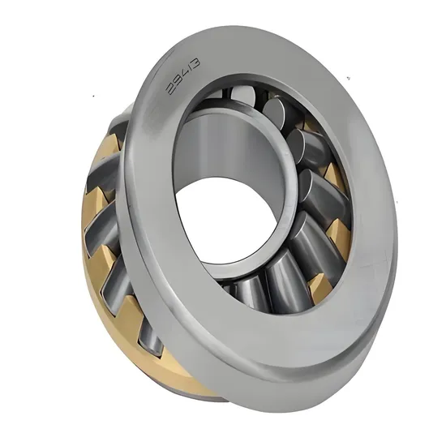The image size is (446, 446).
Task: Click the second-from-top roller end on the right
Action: click(303, 145)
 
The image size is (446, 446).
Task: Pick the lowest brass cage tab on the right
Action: click(319, 284)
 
